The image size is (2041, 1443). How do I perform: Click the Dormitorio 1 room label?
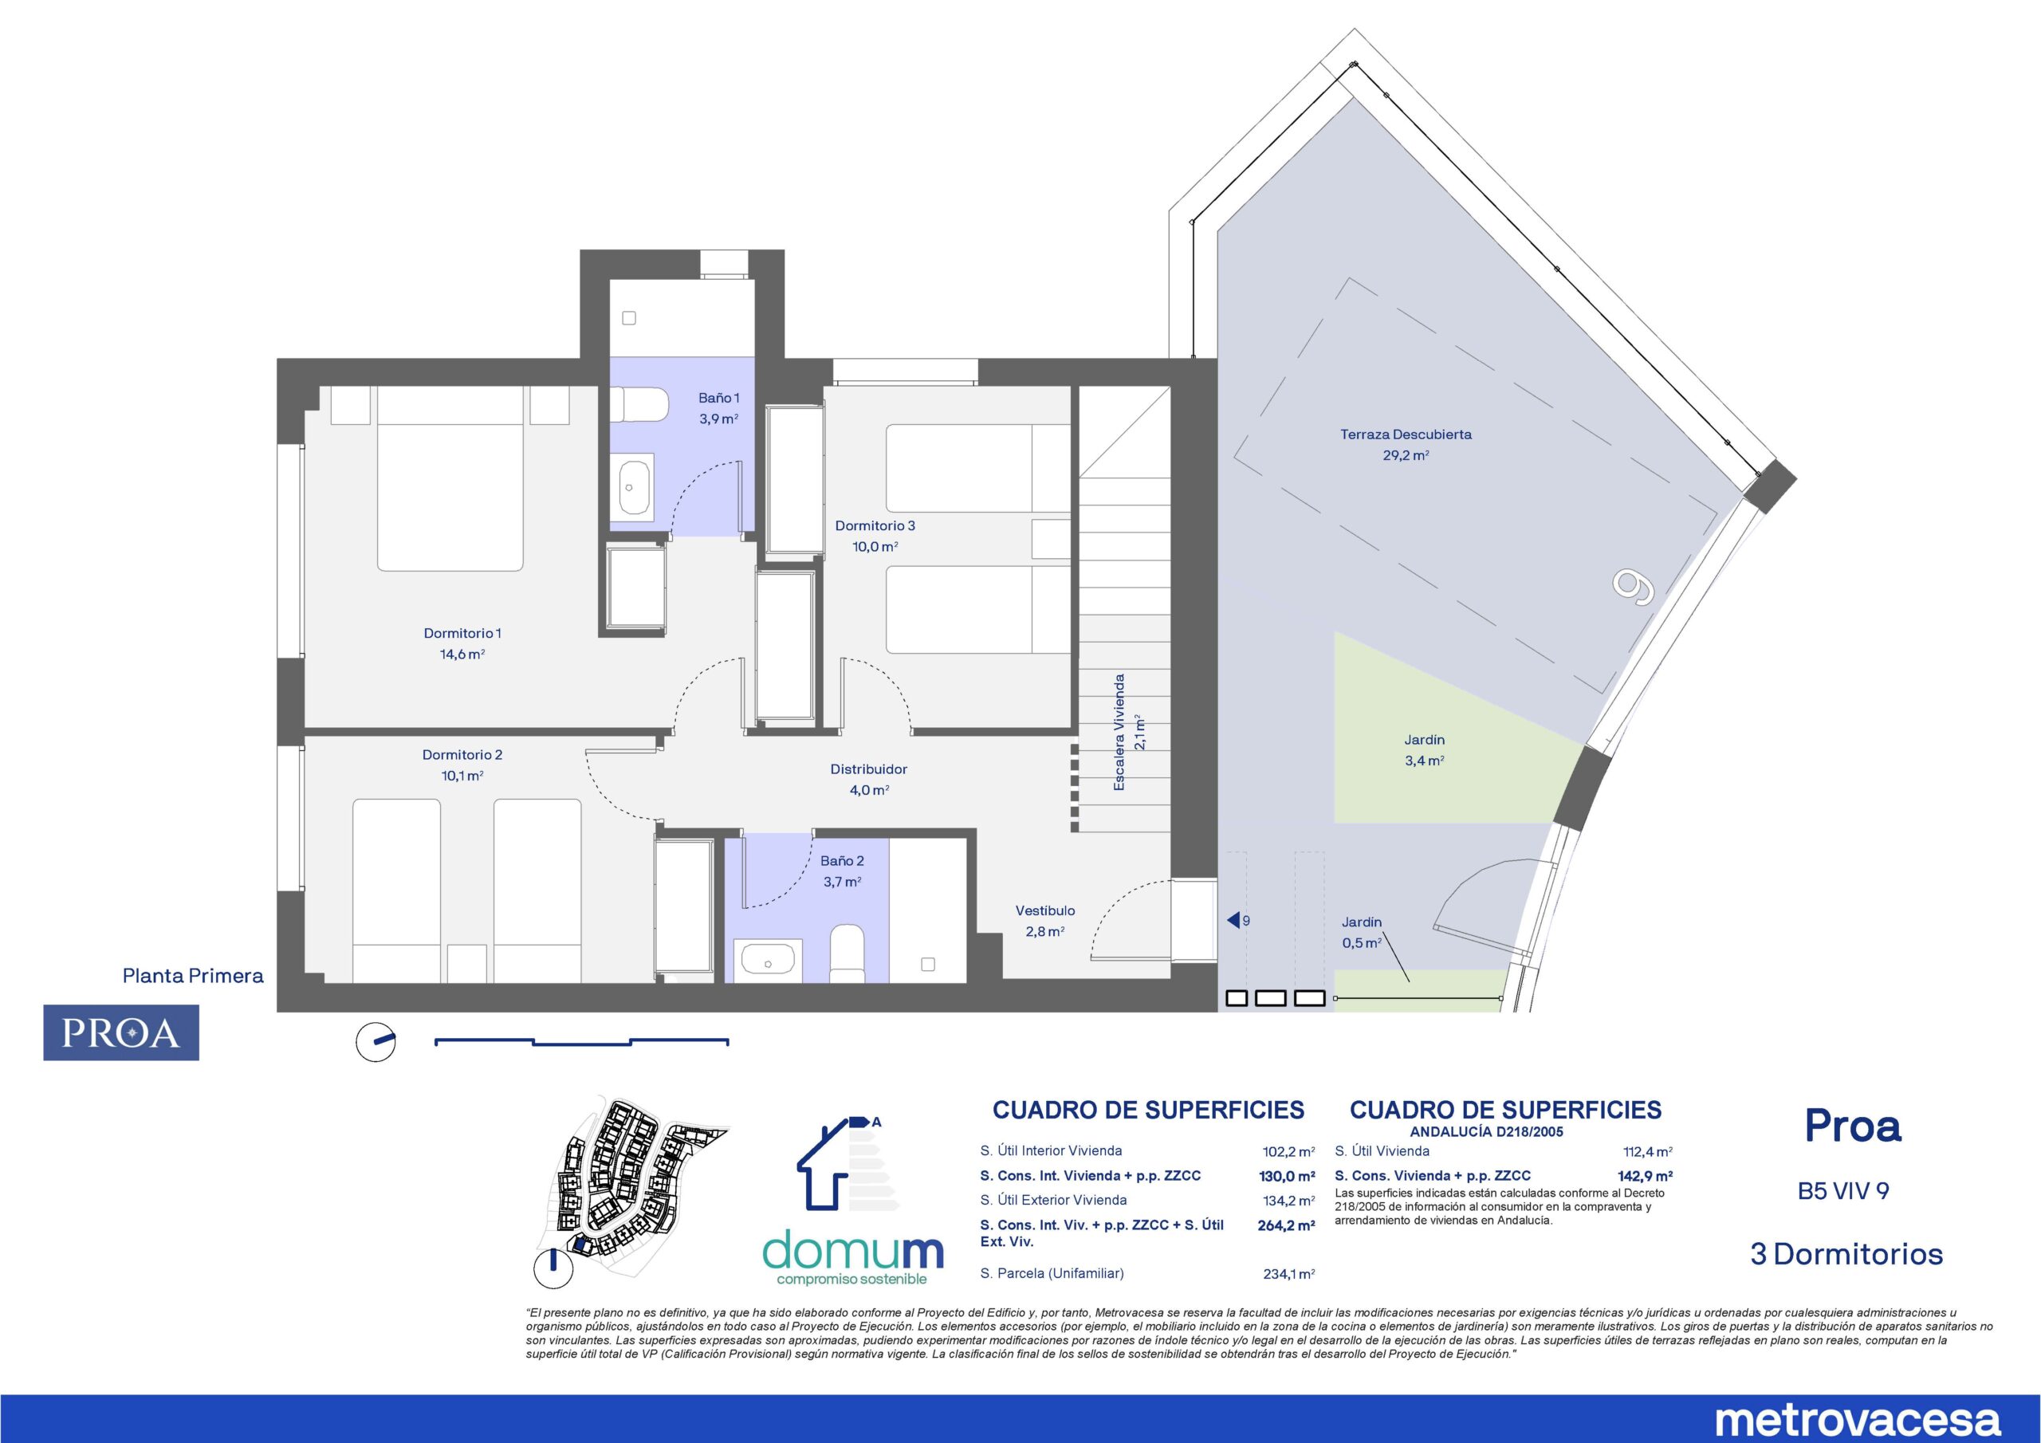point(462,643)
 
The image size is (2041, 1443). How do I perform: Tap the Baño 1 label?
point(718,408)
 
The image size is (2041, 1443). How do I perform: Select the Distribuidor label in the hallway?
point(868,779)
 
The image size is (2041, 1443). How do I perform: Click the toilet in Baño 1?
point(643,407)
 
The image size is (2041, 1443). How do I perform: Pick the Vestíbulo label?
point(1045,921)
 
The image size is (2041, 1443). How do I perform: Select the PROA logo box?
point(121,1033)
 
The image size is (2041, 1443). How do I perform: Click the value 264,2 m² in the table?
point(1285,1225)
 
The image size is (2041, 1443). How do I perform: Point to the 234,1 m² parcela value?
point(1288,1274)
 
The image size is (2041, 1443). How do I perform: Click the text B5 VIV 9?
point(1842,1190)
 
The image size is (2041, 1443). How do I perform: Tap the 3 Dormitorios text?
point(1846,1255)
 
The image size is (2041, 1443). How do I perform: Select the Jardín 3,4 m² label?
point(1424,750)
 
